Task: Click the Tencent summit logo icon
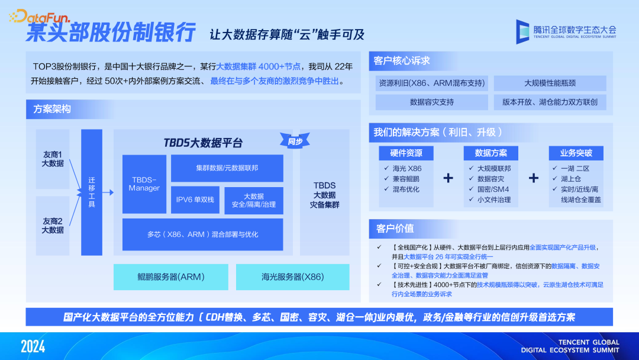click(x=522, y=31)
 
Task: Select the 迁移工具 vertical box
click(x=92, y=192)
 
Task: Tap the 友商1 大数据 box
click(x=53, y=159)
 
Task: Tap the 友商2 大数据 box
click(x=53, y=226)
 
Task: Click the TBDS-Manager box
click(x=144, y=184)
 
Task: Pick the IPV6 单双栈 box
click(x=195, y=200)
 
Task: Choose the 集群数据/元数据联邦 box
click(x=227, y=168)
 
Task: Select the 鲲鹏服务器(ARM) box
click(x=171, y=277)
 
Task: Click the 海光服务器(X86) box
click(x=292, y=277)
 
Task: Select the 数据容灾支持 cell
click(x=432, y=102)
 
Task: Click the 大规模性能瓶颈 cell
click(x=550, y=83)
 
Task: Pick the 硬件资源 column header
click(x=406, y=153)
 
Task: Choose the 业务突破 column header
click(x=576, y=153)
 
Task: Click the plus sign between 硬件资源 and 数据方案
click(x=448, y=178)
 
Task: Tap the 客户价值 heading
click(x=395, y=228)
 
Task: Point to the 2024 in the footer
click(x=33, y=346)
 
